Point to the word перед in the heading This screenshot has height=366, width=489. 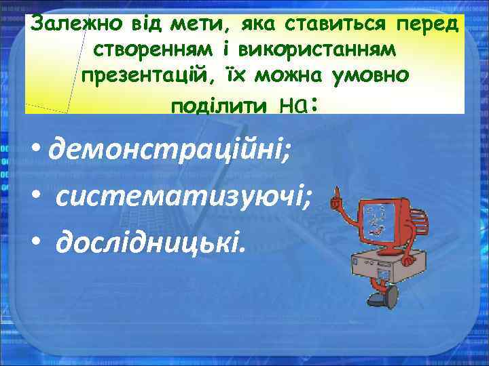coord(427,24)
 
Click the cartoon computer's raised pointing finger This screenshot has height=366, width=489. coord(334,196)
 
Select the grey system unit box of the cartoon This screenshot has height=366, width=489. coord(380,267)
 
